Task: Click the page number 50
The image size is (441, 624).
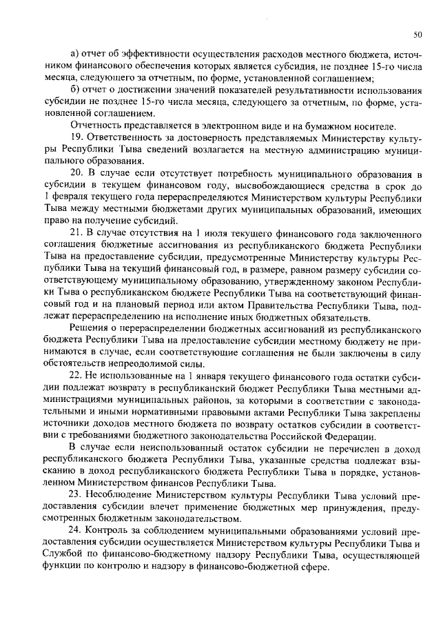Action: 418,33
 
